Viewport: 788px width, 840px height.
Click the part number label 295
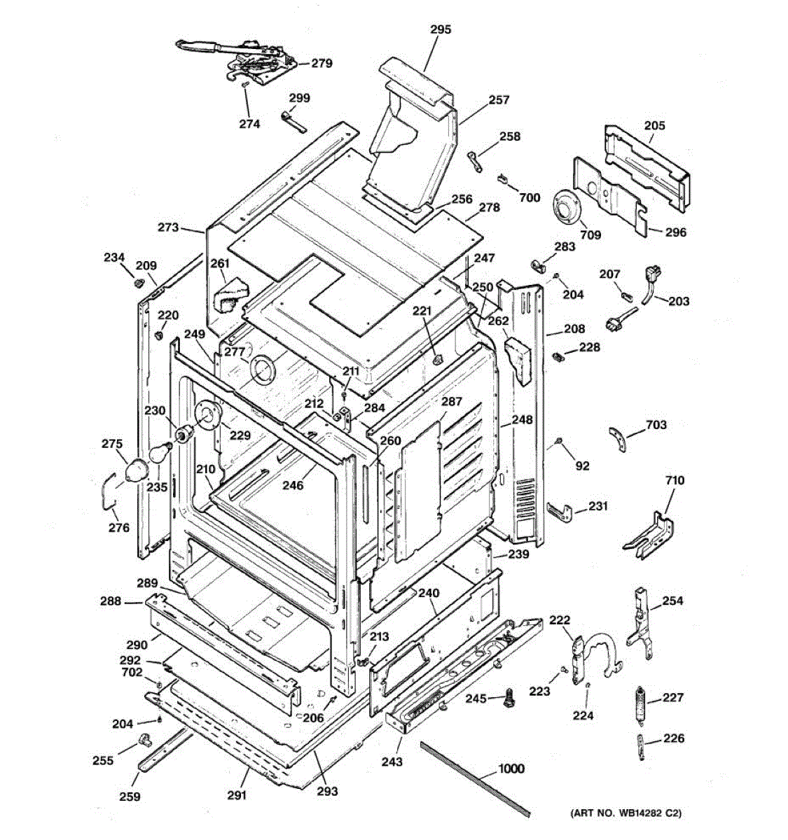pos(441,29)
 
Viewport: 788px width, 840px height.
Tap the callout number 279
pos(322,63)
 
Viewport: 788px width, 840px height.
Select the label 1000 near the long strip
pos(511,769)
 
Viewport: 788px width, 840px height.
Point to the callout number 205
pos(654,126)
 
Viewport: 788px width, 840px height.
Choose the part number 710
pos(675,480)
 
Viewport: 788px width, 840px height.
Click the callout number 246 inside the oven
pos(293,484)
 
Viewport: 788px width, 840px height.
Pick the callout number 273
pos(168,227)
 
